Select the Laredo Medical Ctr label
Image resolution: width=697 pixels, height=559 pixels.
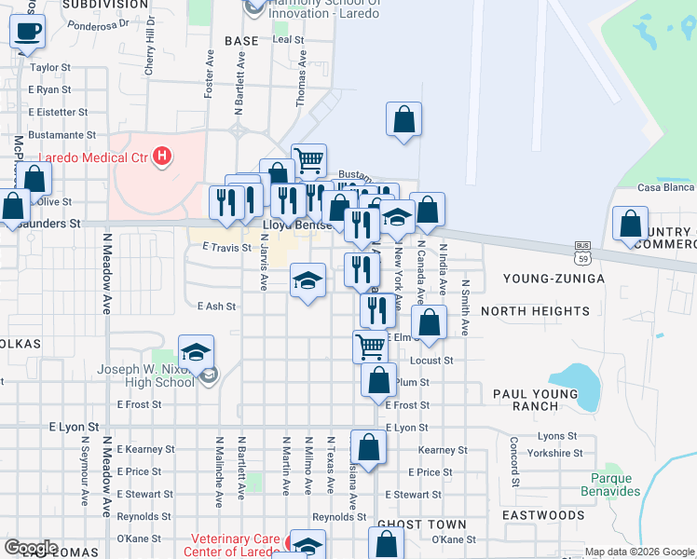[92, 157]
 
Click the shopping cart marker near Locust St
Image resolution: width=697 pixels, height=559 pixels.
[371, 348]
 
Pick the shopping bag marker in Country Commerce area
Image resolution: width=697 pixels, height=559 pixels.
[630, 225]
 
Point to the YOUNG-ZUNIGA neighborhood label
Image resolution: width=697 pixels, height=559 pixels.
[553, 279]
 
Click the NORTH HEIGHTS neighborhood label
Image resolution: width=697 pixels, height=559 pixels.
[535, 310]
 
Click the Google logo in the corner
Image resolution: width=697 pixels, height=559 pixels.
[31, 548]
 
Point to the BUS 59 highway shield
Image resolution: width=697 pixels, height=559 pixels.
[582, 249]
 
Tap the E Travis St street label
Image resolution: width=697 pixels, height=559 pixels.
[227, 248]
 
